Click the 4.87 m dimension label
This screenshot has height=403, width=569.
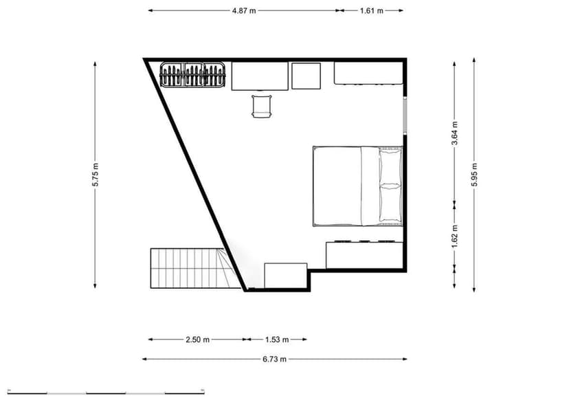click(x=244, y=10)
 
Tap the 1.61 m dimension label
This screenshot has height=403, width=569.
click(x=371, y=10)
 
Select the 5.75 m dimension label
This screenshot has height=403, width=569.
click(x=96, y=175)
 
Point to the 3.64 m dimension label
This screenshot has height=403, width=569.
click(x=455, y=132)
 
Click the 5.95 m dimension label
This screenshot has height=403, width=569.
click(x=474, y=175)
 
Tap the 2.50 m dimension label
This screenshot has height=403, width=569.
click(x=198, y=339)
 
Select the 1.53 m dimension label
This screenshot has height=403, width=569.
click(x=277, y=339)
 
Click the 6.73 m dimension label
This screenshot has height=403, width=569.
click(x=274, y=359)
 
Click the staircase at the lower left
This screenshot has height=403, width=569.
click(x=186, y=269)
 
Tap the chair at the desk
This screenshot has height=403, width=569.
click(x=262, y=106)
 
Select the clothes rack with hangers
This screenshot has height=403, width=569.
click(x=193, y=75)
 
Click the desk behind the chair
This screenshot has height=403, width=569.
click(x=259, y=76)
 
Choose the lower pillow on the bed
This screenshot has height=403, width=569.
click(x=390, y=204)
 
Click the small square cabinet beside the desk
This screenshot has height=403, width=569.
click(x=306, y=76)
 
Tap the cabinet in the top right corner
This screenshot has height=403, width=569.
click(x=368, y=73)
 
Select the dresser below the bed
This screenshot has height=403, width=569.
click(x=363, y=254)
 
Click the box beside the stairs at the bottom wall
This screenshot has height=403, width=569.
click(x=285, y=276)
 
